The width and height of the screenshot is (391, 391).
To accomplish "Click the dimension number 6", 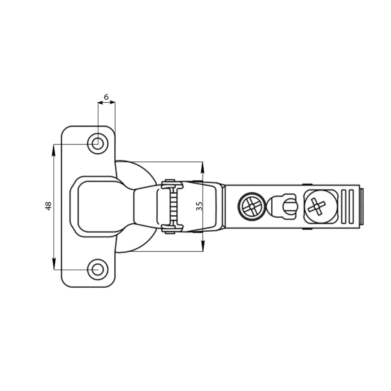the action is [x=106, y=97].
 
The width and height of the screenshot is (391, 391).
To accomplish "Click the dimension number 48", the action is [x=48, y=206].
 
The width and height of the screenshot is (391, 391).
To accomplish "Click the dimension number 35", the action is [x=199, y=206].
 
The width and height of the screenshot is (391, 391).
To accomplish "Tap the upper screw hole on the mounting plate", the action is [x=98, y=144].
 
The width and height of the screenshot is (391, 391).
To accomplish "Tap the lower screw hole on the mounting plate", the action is [x=98, y=269].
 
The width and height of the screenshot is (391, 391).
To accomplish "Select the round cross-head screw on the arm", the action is [x=252, y=206].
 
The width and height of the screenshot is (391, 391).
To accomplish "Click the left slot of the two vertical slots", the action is [x=344, y=207].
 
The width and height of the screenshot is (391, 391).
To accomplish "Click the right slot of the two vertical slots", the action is [x=351, y=207].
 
